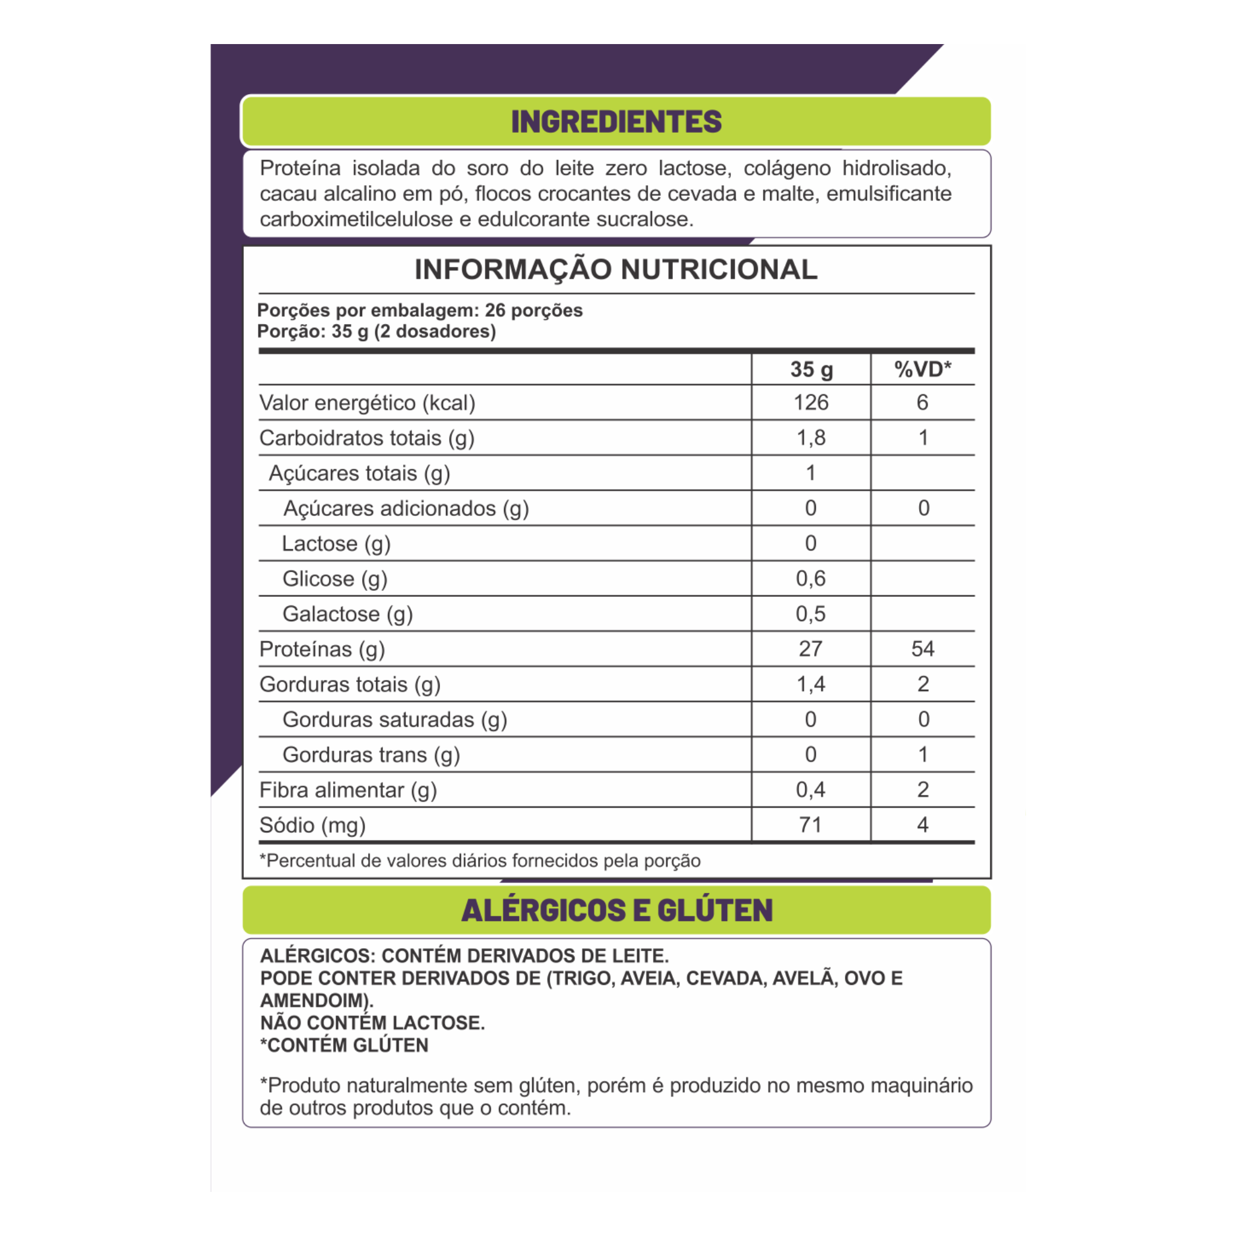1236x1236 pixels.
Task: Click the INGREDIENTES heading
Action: coord(616,121)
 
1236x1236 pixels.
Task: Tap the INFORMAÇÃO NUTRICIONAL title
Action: coord(616,269)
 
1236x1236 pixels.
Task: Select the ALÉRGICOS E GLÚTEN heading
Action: coord(617,909)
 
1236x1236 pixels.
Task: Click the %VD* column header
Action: coord(922,369)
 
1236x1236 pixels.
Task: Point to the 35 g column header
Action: coord(811,369)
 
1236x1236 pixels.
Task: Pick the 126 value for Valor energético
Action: coord(811,403)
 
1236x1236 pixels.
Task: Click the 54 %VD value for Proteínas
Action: coord(923,649)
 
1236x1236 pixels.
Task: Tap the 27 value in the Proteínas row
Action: coord(811,649)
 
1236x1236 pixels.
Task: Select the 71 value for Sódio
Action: coord(811,824)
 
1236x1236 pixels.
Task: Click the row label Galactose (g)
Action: coord(348,614)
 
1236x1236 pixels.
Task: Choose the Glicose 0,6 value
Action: coord(811,578)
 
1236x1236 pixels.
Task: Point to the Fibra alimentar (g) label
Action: coord(348,790)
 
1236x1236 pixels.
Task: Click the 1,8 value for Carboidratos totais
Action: coord(811,438)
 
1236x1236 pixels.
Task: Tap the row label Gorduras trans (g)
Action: coord(371,755)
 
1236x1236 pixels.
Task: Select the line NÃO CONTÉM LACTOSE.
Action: coord(372,1023)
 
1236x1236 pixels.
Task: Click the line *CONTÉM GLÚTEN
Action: coord(344,1045)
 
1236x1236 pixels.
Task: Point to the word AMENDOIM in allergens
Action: coord(313,1001)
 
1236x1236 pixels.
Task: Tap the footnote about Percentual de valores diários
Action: coord(480,861)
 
